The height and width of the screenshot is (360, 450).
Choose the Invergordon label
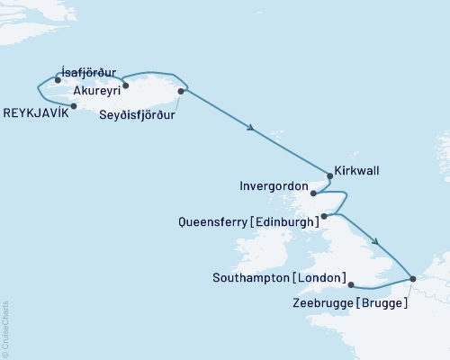pyautogui.click(x=274, y=189)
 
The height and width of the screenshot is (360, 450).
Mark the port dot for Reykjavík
pyautogui.click(x=74, y=105)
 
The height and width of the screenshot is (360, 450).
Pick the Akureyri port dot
pyautogui.click(x=126, y=86)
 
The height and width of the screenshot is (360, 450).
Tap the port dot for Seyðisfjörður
pyautogui.click(x=182, y=91)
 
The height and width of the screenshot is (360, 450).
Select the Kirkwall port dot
pyautogui.click(x=326, y=176)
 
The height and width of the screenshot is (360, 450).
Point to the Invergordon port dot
pyautogui.click(x=313, y=193)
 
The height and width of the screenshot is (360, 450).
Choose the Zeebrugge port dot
pyautogui.click(x=412, y=279)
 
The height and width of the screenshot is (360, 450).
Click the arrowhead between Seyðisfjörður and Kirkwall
pyautogui.click(x=251, y=130)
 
